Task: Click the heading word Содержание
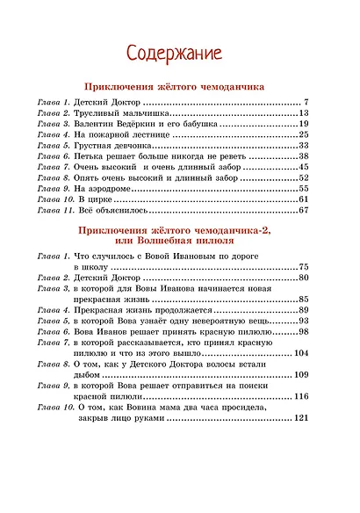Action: (179, 52)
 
